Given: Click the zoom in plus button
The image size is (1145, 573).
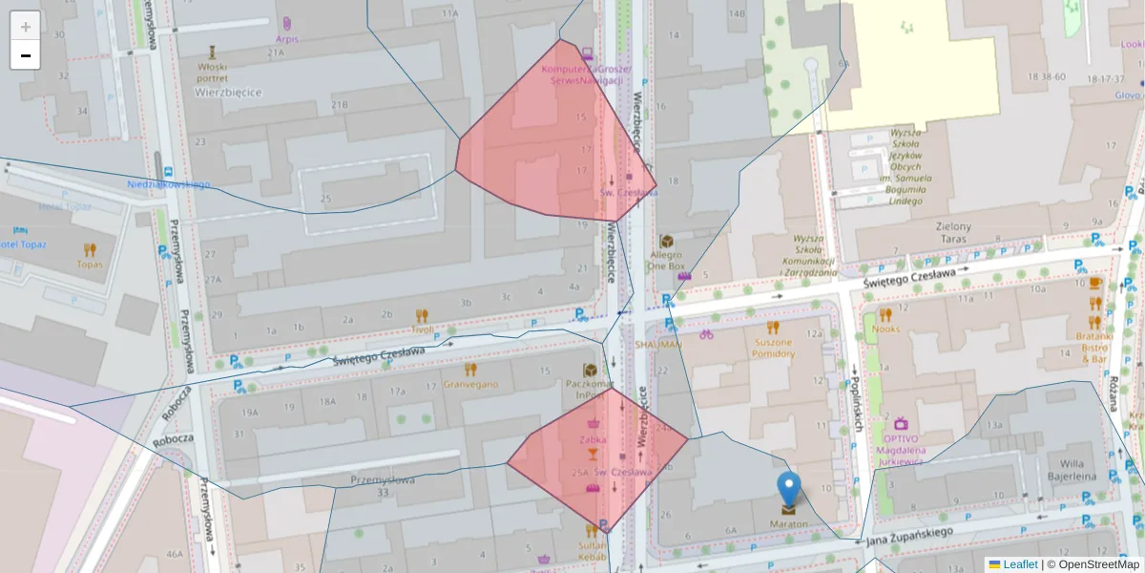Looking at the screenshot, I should click(26, 26).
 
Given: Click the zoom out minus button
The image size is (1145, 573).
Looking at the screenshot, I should click(26, 55).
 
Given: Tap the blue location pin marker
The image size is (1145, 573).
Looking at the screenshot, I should click(788, 489).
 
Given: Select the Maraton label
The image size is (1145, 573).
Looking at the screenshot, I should click(788, 524).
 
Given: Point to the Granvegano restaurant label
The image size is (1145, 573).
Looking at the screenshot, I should click(470, 385).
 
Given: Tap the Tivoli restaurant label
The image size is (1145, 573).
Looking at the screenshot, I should click(422, 329).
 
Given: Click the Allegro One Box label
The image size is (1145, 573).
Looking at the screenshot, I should click(666, 261).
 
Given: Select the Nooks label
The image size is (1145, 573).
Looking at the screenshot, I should click(885, 329).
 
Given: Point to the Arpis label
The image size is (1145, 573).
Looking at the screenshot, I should click(287, 39).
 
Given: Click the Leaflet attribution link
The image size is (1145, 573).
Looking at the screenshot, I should click(1020, 564).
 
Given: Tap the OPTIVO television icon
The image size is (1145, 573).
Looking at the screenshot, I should click(901, 423).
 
